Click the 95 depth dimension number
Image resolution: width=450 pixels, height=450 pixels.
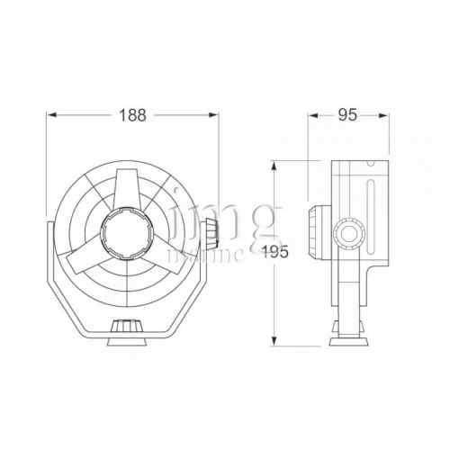pos(348,115)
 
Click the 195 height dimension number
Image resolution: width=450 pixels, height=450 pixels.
pos(277,253)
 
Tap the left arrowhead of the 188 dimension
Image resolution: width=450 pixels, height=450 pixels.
pos(51,115)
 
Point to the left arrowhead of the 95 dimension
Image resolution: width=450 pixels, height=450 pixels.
pos(312,115)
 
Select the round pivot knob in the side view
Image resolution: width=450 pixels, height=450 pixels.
pos(345,236)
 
